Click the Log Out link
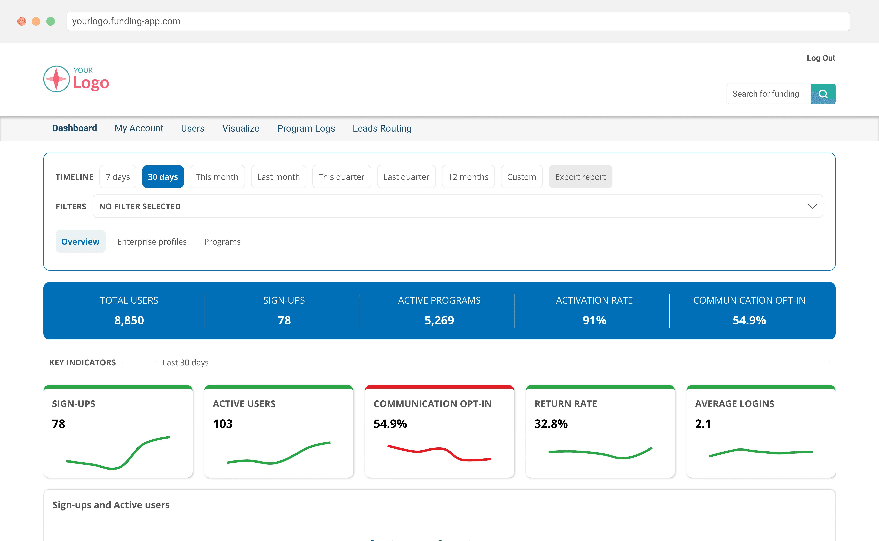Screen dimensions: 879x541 [x=821, y=58]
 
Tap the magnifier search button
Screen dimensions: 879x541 [x=823, y=94]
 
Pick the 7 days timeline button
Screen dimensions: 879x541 [x=118, y=177]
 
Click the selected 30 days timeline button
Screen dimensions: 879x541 [x=163, y=177]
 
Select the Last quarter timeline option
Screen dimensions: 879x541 [x=406, y=177]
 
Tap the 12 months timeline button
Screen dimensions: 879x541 [x=468, y=177]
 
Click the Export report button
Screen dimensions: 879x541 [x=580, y=177]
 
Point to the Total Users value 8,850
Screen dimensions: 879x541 [x=129, y=320]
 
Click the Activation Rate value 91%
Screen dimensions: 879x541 [x=594, y=320]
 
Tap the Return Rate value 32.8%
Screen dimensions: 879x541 [x=551, y=424]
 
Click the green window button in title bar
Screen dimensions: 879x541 [x=51, y=22]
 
